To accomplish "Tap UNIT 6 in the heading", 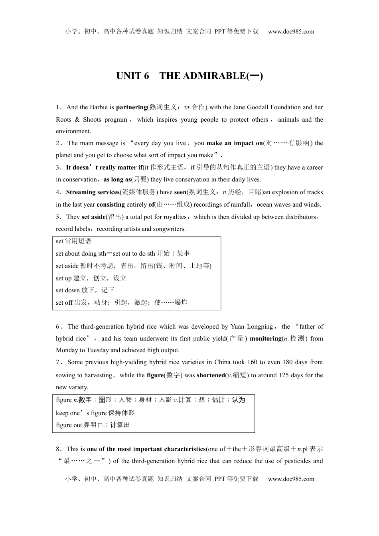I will coord(132,76).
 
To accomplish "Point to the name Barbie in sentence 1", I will coord(99,107).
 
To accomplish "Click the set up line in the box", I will coord(91,278).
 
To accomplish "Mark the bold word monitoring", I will coord(265,339).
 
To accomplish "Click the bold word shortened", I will coord(211,375).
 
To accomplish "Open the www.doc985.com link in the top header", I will coord(291,32).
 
